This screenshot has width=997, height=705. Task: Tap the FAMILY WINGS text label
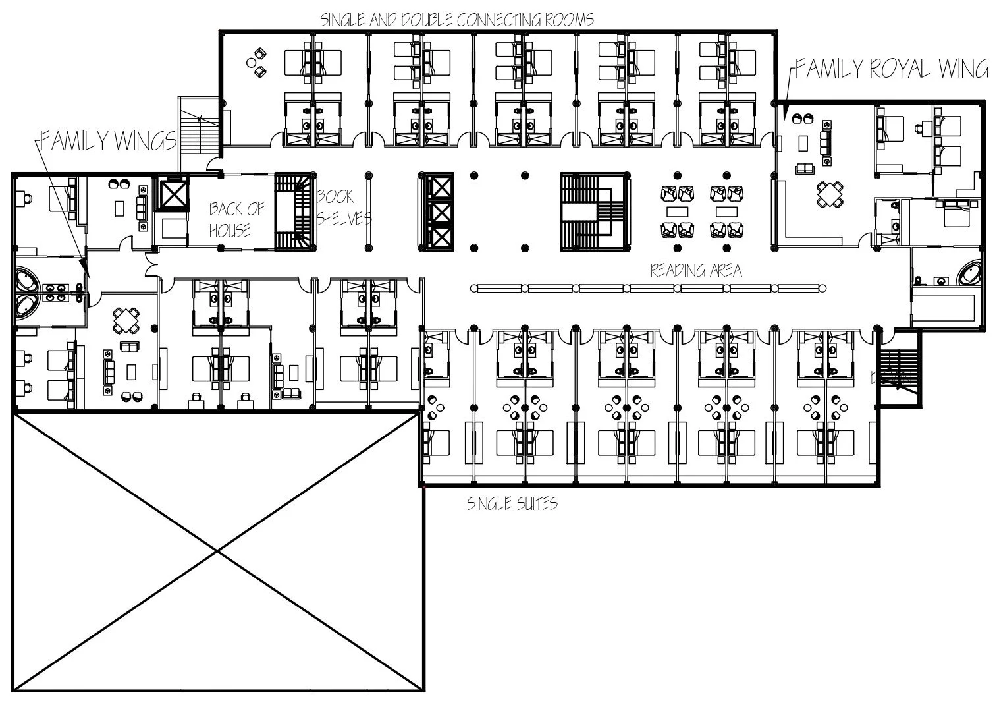pos(108,140)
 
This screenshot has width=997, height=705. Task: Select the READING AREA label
pos(695,270)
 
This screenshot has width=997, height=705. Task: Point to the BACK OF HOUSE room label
pos(236,219)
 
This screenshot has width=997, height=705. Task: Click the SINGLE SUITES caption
pos(512,504)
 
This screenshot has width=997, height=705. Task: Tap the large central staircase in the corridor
pos(592,212)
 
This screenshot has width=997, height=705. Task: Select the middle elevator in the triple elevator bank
pos(437,212)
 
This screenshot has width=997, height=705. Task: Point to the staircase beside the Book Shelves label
pos(295,212)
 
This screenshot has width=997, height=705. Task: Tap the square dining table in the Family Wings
pos(125,320)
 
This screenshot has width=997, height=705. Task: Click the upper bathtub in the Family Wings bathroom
pos(27,279)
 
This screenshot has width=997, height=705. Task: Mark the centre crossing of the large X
pos(217,551)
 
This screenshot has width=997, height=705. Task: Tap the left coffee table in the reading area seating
pos(678,211)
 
